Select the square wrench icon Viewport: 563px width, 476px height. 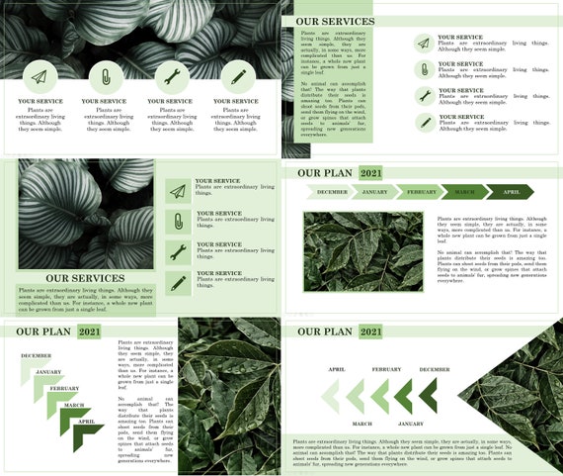(178, 251)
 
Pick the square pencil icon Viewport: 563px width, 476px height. (178, 283)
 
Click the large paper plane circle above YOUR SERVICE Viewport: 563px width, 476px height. (39, 76)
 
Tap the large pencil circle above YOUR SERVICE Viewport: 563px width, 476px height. (237, 76)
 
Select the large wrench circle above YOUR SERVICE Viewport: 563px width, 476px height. (170, 76)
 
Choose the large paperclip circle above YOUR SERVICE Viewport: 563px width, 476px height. (104, 76)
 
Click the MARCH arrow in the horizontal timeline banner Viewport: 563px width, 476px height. (464, 192)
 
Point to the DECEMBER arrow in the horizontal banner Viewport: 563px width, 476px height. (330, 192)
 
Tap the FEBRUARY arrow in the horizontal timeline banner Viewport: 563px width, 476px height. (420, 192)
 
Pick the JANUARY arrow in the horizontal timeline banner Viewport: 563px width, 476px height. (374, 192)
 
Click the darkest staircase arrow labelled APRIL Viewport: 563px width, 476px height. (88, 433)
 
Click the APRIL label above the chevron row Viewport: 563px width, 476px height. (337, 369)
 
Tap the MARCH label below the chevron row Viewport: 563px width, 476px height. (362, 424)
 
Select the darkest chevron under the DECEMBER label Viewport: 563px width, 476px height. (429, 396)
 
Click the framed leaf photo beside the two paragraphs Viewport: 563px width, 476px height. (362, 251)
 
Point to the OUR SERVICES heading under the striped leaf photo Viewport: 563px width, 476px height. (85, 279)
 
